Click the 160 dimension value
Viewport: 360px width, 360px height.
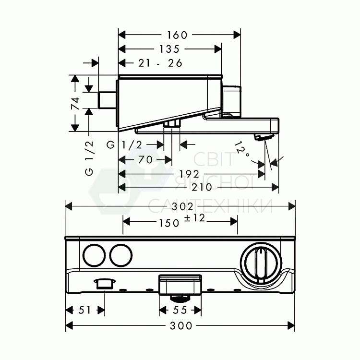pos(177,35)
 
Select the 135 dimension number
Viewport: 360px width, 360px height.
pos(169,49)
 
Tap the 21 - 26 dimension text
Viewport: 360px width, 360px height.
pos(160,63)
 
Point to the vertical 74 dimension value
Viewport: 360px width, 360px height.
pos(75,103)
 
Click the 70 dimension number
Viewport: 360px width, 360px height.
pos(145,159)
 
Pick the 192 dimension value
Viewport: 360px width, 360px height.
pos(189,174)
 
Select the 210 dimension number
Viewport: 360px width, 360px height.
pos(202,187)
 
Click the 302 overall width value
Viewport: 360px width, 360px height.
pos(183,207)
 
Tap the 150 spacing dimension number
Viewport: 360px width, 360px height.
pos(169,223)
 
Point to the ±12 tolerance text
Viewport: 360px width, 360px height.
pos(195,218)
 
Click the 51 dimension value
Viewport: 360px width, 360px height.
pos(84,310)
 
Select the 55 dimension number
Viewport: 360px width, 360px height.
pos(180,310)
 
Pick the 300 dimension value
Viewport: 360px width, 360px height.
pos(181,325)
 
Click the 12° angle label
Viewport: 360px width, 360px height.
pos(241,149)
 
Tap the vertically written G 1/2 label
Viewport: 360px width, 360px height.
pos(89,158)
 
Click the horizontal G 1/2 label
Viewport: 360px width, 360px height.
pos(124,145)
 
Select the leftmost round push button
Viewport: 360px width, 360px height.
pos(94,255)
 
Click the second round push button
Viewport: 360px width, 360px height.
pos(121,255)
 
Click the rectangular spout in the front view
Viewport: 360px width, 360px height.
pos(180,285)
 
